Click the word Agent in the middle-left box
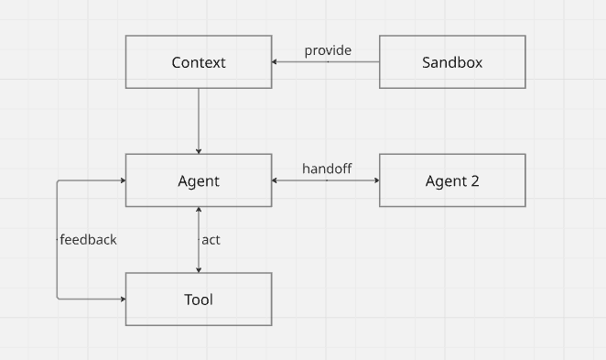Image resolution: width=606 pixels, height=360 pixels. click(x=199, y=180)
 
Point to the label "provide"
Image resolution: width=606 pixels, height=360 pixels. click(x=328, y=50)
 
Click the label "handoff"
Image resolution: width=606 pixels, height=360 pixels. click(x=327, y=169)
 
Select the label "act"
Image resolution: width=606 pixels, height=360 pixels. click(x=211, y=240)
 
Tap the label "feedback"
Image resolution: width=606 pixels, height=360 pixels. click(x=88, y=240)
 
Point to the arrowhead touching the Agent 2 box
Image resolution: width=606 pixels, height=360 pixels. click(x=375, y=180)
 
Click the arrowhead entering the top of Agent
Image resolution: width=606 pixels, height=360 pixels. click(x=199, y=149)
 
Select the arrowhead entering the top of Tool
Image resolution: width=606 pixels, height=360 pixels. click(x=199, y=268)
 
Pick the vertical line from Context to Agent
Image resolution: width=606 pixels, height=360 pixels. click(x=199, y=119)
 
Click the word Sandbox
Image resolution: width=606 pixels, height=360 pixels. click(x=452, y=62)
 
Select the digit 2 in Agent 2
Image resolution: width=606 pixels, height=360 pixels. click(x=474, y=180)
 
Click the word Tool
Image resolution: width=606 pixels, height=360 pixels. click(x=199, y=300)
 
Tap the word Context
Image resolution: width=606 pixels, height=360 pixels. click(x=199, y=62)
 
